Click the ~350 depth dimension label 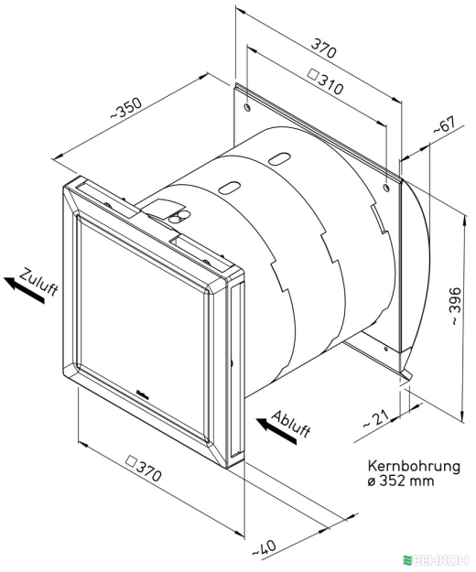tap(126, 108)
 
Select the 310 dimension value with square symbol tap(326, 81)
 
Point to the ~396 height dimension tap(455, 307)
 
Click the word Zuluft tap(38, 282)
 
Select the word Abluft tap(291, 424)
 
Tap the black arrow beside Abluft tap(276, 431)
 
